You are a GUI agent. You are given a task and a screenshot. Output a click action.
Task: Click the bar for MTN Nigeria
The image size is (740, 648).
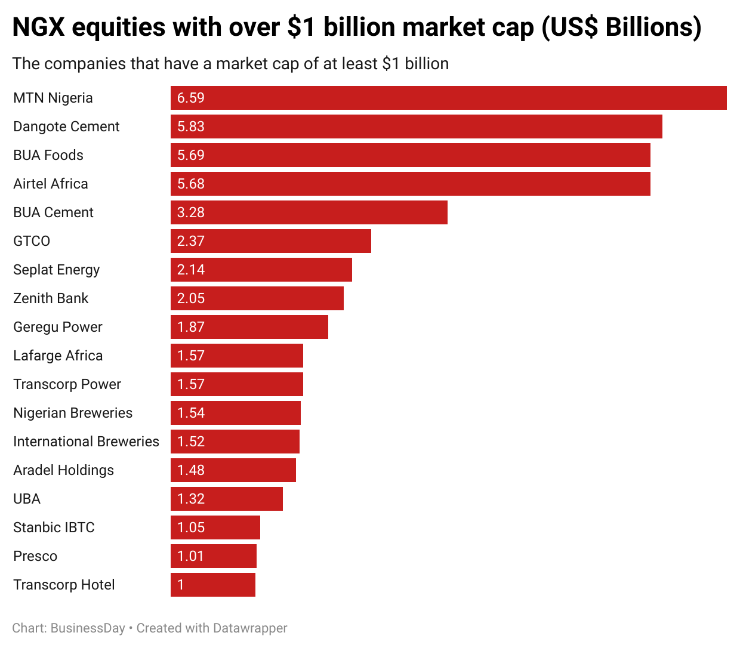coord(448,98)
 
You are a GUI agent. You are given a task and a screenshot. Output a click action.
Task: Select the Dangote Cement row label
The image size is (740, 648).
coord(66,126)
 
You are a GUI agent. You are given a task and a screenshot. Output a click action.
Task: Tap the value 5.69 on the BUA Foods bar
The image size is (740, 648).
coord(191,155)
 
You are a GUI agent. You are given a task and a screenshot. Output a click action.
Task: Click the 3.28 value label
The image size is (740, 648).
coord(191,212)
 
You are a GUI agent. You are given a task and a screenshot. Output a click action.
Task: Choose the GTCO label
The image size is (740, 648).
coord(32,241)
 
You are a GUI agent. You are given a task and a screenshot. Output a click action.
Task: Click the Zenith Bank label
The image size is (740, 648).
coord(51,298)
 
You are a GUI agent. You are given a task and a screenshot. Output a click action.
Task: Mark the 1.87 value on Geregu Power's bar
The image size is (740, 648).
coord(191,327)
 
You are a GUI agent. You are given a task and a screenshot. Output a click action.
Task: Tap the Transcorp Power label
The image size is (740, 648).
coord(67,384)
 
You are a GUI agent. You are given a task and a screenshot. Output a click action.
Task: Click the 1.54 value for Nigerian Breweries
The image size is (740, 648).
coord(191,413)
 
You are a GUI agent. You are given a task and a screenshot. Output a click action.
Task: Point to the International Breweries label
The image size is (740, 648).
coord(86,442)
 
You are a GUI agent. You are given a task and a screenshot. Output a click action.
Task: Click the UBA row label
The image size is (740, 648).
coord(27,499)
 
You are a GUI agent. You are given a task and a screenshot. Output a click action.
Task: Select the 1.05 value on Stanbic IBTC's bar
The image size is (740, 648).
coord(191,527)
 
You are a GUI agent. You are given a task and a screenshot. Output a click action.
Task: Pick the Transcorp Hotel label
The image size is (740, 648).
coord(64,585)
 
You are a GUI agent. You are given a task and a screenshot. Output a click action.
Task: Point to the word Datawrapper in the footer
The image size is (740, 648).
coord(250,628)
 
